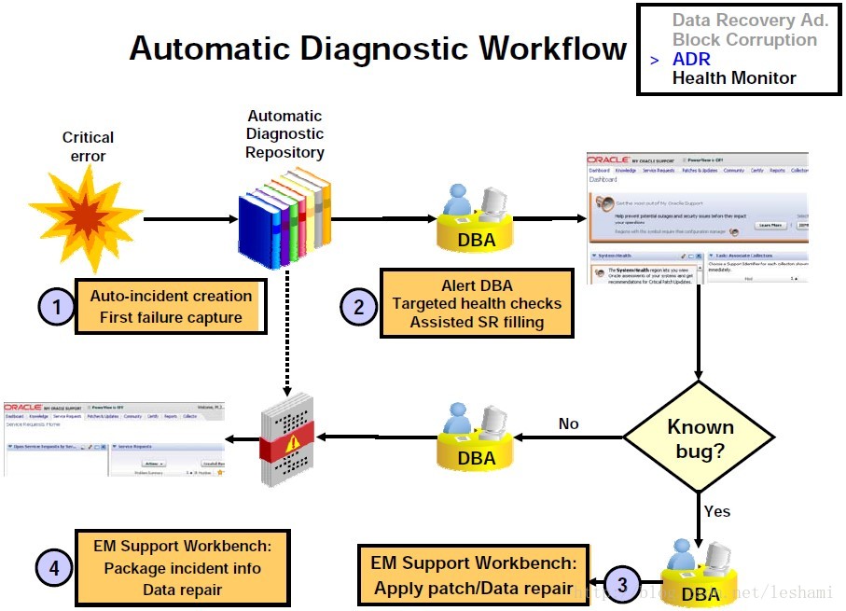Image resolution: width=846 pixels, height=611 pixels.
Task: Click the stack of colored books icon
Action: [284, 217]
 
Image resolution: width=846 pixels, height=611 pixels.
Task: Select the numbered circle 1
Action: [55, 306]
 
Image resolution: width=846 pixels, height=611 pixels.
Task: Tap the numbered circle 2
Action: [358, 306]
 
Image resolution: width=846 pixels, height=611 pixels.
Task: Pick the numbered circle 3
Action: [623, 585]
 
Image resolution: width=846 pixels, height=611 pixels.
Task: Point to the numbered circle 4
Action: [55, 567]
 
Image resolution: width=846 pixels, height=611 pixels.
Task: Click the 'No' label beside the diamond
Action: [569, 424]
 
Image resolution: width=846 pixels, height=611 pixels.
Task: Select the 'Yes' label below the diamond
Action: [717, 511]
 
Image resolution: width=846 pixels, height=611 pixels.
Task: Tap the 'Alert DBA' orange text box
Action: [476, 303]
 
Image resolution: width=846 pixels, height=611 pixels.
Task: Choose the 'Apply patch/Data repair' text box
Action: [474, 576]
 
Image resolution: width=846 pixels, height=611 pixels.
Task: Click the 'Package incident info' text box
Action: [182, 567]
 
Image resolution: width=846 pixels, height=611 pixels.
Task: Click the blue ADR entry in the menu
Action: [691, 59]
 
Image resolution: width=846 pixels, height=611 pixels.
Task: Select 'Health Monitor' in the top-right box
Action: [734, 78]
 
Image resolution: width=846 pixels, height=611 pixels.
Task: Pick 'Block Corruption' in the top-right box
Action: [744, 39]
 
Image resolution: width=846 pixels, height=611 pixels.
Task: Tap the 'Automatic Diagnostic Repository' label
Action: [284, 134]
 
